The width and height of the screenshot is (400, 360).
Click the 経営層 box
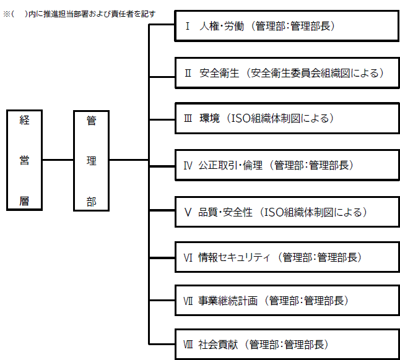click(24, 160)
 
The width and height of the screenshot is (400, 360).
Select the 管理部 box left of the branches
click(91, 160)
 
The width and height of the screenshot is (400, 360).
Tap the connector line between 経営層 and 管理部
click(58, 160)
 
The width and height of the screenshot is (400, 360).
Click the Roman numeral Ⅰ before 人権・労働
click(188, 26)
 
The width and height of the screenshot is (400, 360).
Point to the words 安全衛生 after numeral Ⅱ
click(219, 73)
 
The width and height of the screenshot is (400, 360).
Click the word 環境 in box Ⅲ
click(209, 119)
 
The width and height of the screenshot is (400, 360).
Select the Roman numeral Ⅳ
click(188, 166)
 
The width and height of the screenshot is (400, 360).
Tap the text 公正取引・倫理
click(230, 165)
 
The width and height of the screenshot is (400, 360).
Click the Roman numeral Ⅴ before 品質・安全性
click(188, 213)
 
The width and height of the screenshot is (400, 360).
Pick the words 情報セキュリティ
click(234, 257)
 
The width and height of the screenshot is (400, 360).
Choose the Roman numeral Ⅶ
click(188, 301)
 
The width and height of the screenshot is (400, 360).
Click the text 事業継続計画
click(228, 301)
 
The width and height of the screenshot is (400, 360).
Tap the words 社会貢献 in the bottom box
click(218, 345)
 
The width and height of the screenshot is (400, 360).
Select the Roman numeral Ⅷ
click(188, 345)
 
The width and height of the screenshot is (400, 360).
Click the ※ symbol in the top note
click(6, 14)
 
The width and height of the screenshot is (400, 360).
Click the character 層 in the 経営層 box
click(24, 201)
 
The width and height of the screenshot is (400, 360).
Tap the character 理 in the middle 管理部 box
click(91, 161)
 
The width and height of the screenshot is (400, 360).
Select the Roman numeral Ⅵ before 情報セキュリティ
click(188, 258)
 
